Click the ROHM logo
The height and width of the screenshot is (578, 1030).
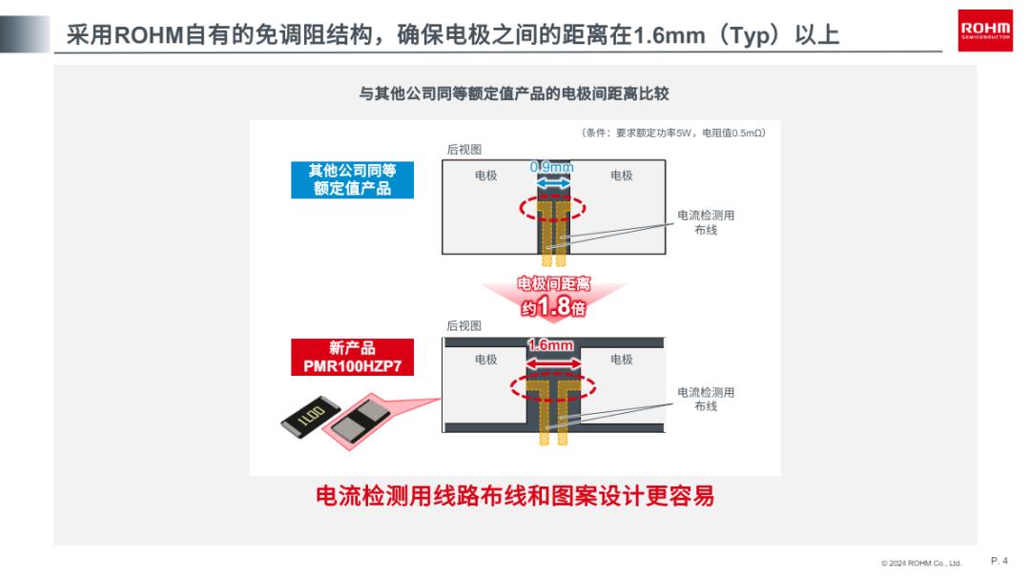pyautogui.click(x=984, y=31)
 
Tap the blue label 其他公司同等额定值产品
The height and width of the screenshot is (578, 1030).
pyautogui.click(x=352, y=180)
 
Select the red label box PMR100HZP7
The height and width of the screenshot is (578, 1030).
pyautogui.click(x=352, y=358)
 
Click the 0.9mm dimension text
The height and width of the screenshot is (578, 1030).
pyautogui.click(x=552, y=168)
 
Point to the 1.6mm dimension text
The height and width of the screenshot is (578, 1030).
pyautogui.click(x=550, y=345)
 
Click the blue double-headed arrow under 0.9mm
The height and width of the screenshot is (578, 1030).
pyautogui.click(x=553, y=185)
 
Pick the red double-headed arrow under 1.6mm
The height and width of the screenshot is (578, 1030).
pyautogui.click(x=554, y=363)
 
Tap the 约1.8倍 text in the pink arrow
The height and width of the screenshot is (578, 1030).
pyautogui.click(x=553, y=307)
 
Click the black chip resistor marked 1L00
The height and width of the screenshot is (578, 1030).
pyautogui.click(x=310, y=417)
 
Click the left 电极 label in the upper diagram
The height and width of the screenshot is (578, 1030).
pyautogui.click(x=486, y=175)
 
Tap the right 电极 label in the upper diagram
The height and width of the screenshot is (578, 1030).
pyautogui.click(x=622, y=175)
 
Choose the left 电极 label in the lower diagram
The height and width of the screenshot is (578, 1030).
pyautogui.click(x=486, y=360)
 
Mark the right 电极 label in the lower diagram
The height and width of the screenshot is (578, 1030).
pyautogui.click(x=622, y=360)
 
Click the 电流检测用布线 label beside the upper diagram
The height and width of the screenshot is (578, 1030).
pyautogui.click(x=706, y=222)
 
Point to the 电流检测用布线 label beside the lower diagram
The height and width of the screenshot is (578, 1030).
pyautogui.click(x=706, y=400)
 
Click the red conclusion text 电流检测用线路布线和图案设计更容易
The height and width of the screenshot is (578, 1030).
pyautogui.click(x=515, y=496)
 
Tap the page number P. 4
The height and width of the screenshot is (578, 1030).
pyautogui.click(x=999, y=560)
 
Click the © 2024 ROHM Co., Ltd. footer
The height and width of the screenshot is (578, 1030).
pyautogui.click(x=921, y=563)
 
